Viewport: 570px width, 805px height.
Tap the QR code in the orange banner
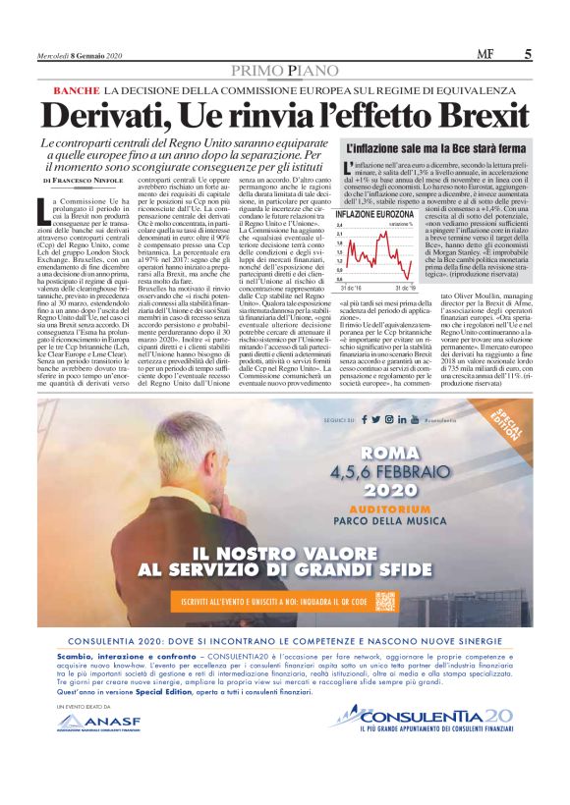pos(386,598)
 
